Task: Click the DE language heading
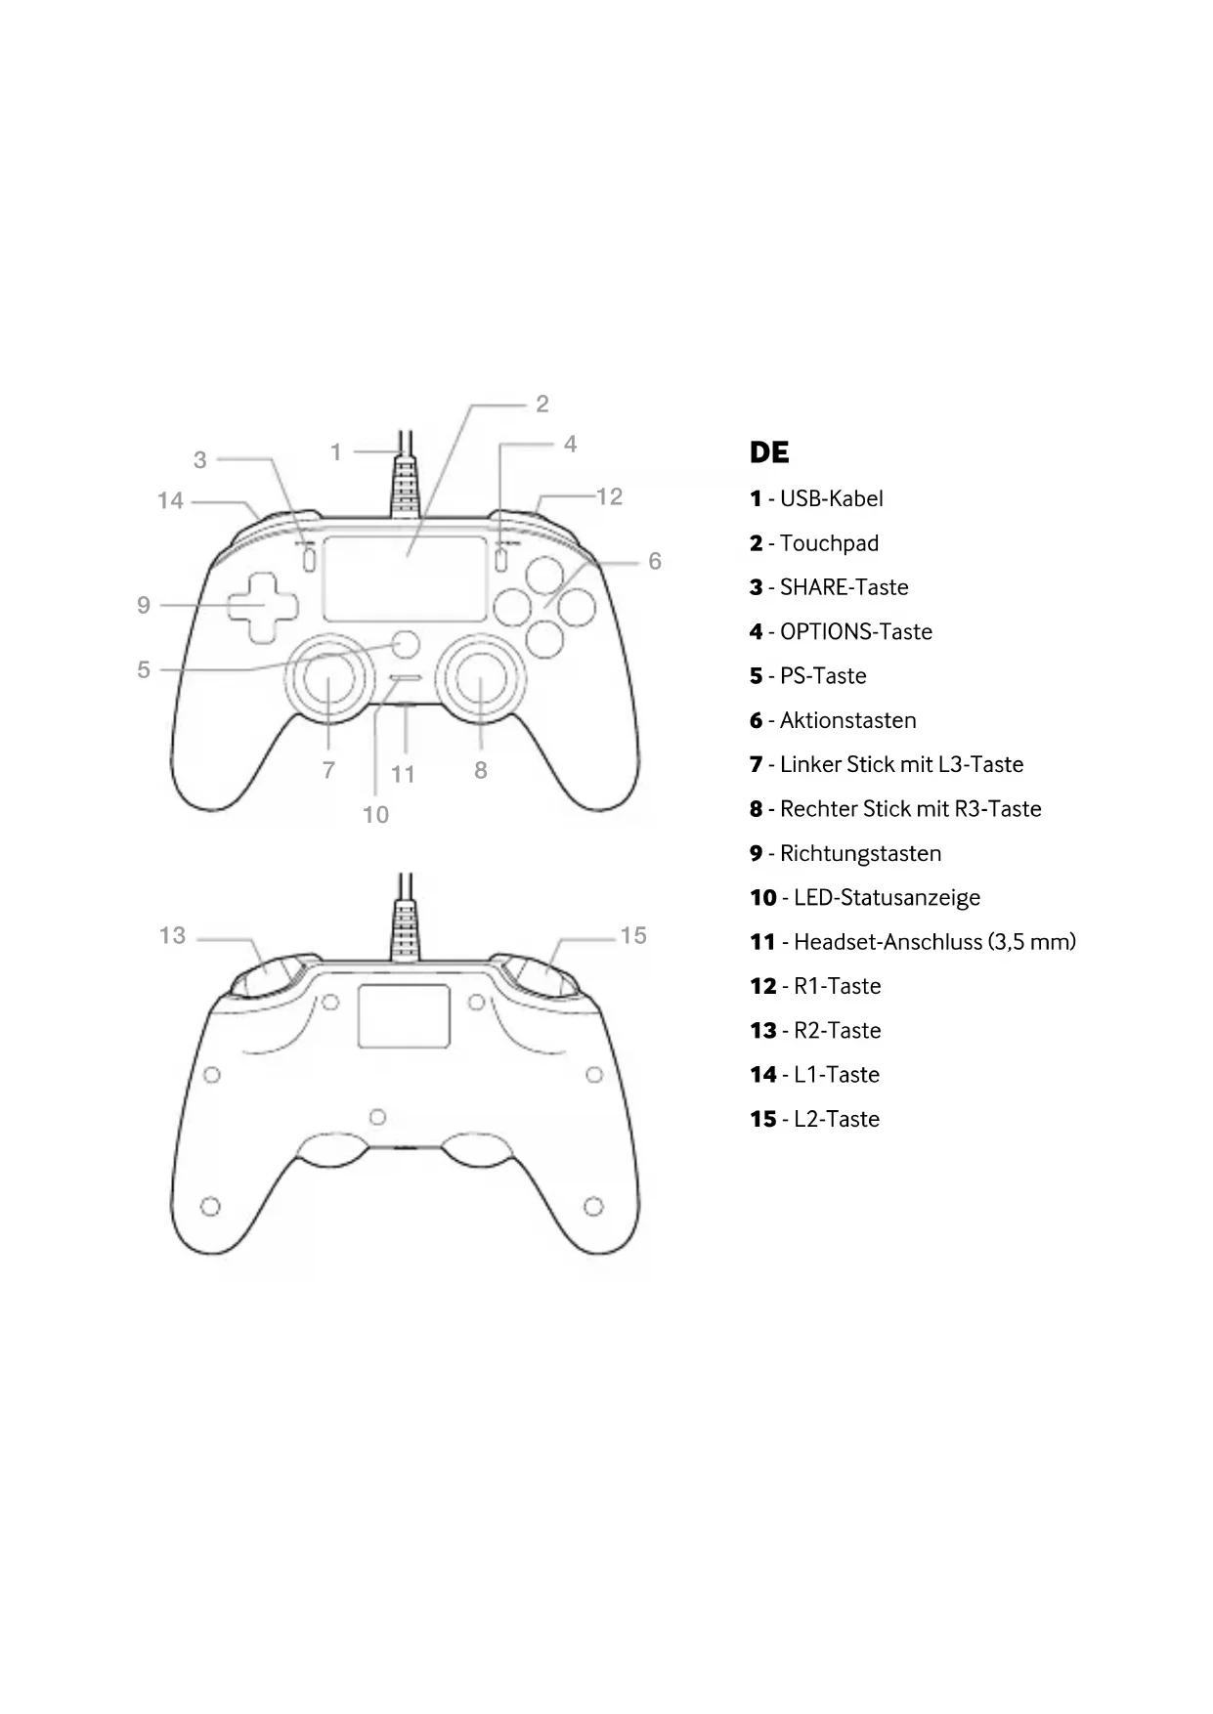[x=769, y=452]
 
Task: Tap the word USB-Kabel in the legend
[x=831, y=498]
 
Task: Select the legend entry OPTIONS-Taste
[x=855, y=632]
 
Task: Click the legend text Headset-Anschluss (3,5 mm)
[x=933, y=942]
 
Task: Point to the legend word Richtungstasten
[x=860, y=853]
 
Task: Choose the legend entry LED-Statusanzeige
[x=886, y=898]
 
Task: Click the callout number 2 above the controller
[x=542, y=404]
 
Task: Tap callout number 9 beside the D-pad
[x=144, y=605]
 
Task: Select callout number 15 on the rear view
[x=633, y=935]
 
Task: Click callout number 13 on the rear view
[x=172, y=935]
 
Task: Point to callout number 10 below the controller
[x=375, y=814]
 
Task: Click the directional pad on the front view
[x=262, y=607]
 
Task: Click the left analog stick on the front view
[x=328, y=680]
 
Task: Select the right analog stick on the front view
[x=481, y=680]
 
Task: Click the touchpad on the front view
[x=405, y=578]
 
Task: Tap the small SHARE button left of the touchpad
[x=309, y=560]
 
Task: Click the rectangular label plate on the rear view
[x=404, y=1016]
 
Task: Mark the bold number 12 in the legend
[x=762, y=987]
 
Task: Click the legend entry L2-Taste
[x=836, y=1120]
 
